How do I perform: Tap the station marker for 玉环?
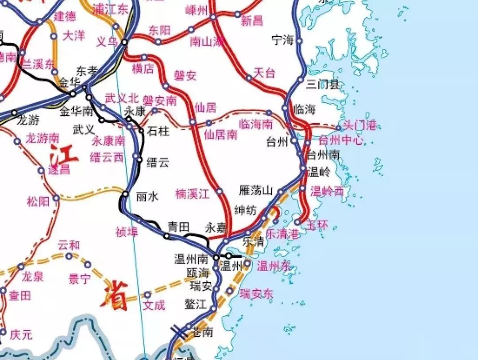(297, 222)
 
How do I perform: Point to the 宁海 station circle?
(299, 41)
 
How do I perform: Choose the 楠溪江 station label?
(192, 194)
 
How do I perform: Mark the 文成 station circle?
(148, 294)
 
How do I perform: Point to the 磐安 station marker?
(166, 86)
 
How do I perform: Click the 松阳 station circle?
(56, 198)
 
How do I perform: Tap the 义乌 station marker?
(125, 42)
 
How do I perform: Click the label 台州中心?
(340, 141)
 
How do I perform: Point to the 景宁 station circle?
(88, 265)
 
